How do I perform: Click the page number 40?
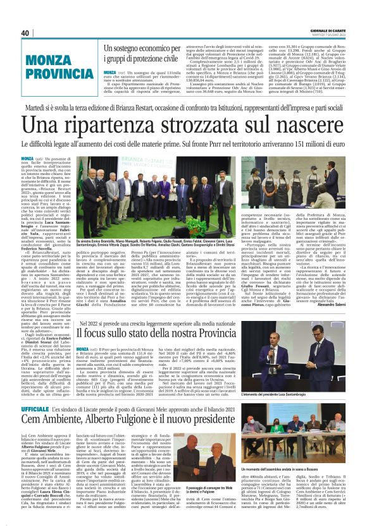25,33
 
